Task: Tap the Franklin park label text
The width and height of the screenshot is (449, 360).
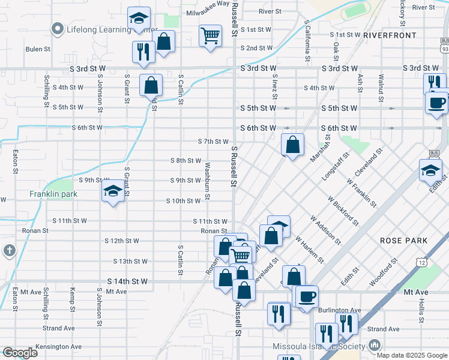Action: point(54,194)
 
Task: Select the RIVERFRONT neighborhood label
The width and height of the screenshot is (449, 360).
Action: point(390,35)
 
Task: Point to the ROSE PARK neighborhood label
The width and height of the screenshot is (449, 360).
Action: point(403,241)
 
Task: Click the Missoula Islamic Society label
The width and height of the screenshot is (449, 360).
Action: point(319,346)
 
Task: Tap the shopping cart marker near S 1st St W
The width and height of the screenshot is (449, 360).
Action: point(210,36)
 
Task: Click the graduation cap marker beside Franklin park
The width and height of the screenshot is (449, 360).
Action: point(112,192)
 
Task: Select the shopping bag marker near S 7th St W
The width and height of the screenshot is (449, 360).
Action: point(292,145)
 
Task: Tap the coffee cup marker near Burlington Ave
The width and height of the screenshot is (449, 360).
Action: point(307,296)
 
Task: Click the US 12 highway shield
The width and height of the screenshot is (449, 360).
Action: point(422,262)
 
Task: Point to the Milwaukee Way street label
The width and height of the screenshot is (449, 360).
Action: point(208,3)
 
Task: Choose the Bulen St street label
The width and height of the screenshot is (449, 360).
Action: point(37,49)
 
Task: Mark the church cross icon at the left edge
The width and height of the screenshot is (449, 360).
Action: point(9,250)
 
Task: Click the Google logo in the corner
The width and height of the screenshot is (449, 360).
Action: point(20,353)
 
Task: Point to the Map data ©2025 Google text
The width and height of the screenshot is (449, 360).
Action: point(412,355)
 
